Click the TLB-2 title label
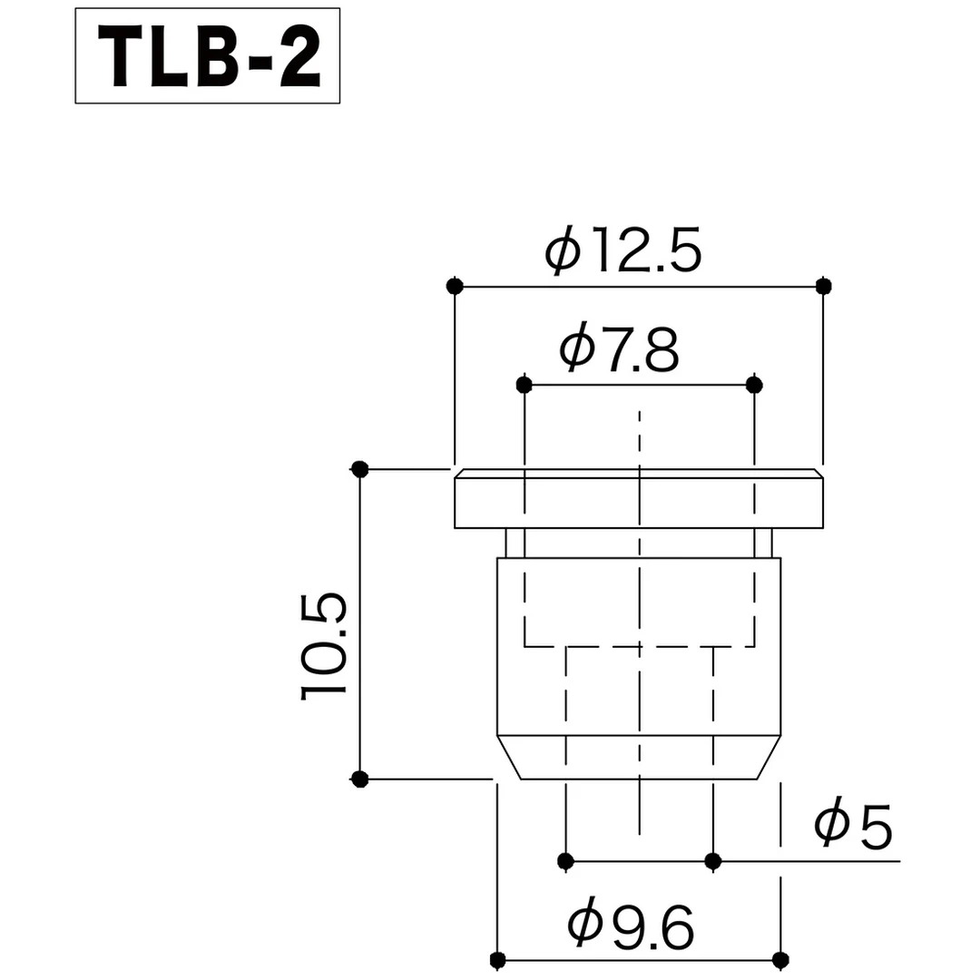click(x=207, y=55)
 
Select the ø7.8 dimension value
click(x=619, y=350)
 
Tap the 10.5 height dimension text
click(x=324, y=646)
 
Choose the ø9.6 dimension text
click(x=631, y=926)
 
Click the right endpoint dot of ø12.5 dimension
click(x=823, y=286)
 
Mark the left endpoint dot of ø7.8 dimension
click(x=524, y=385)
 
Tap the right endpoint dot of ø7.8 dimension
click(x=754, y=385)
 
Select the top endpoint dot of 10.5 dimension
click(x=360, y=469)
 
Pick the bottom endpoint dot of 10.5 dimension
click(x=360, y=779)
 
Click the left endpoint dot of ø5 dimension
click(x=566, y=860)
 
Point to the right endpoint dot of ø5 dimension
click(x=713, y=860)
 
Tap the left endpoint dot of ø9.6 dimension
click(x=496, y=958)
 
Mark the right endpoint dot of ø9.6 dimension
click(x=779, y=958)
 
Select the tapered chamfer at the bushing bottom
click(x=639, y=757)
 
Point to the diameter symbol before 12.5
click(x=563, y=251)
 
